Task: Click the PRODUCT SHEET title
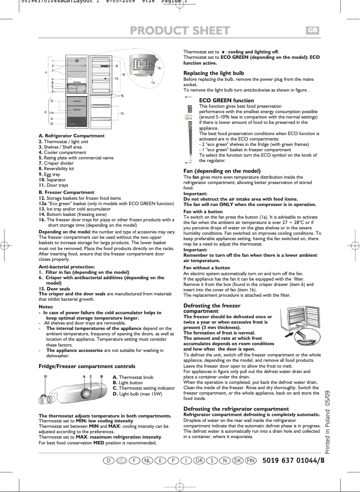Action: tap(180, 31)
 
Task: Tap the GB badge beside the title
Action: tap(312, 30)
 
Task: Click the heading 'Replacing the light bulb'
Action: tap(214, 73)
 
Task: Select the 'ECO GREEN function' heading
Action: tap(226, 101)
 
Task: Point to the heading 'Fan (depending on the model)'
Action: tap(222, 171)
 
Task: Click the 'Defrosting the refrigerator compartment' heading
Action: tap(236, 409)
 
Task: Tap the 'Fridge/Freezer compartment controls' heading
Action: tap(87, 366)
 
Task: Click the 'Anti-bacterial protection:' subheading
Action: tap(66, 267)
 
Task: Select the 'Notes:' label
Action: tap(46, 307)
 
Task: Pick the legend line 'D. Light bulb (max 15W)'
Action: tap(137, 394)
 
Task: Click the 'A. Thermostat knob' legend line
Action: tap(133, 378)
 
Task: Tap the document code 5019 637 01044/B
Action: tap(293, 461)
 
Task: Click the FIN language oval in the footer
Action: tap(251, 461)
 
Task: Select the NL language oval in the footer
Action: tap(147, 461)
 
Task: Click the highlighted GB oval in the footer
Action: tap(121, 461)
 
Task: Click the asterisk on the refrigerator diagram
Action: tap(77, 61)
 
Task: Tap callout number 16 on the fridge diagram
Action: tap(122, 114)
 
